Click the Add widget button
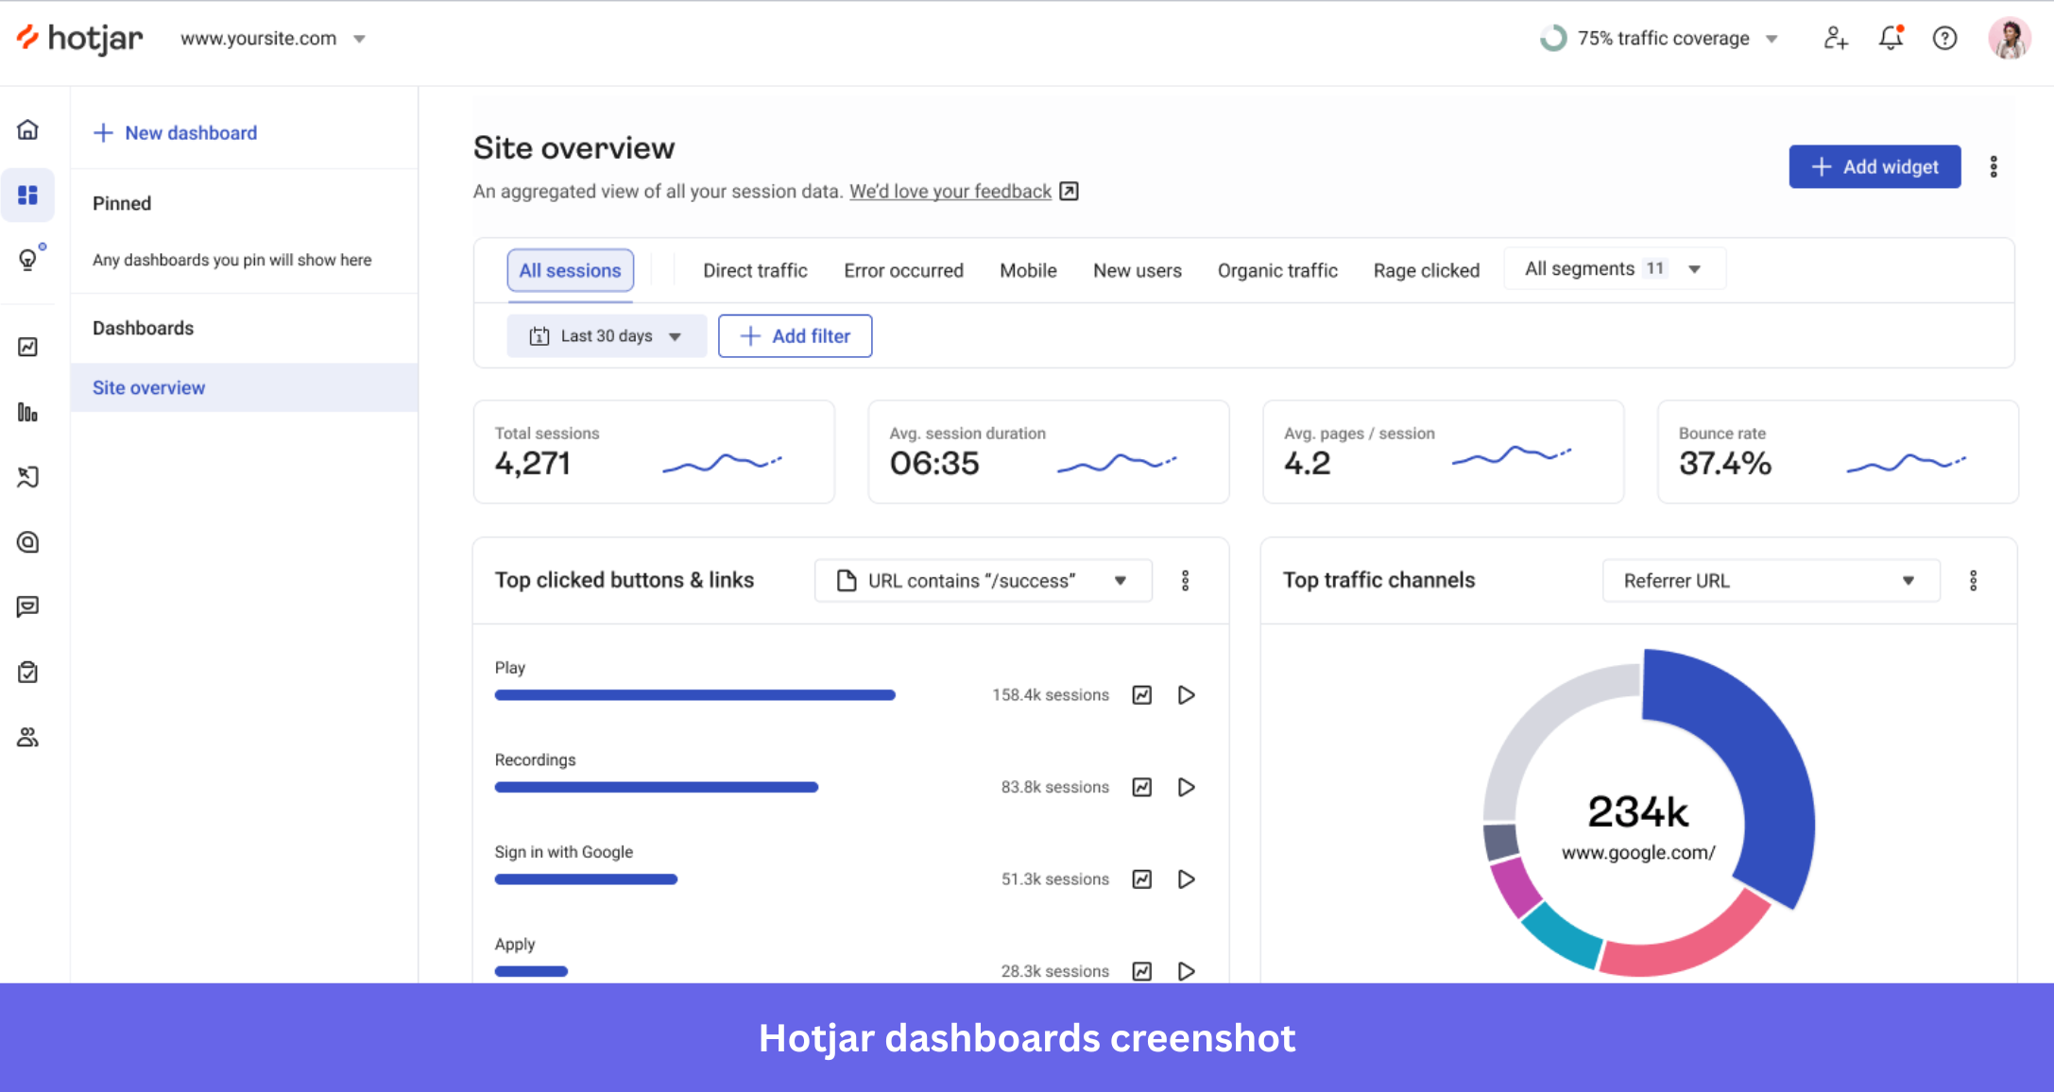click(x=1874, y=167)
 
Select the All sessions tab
click(x=570, y=271)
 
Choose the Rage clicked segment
click(x=1426, y=271)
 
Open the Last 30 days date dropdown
click(x=607, y=336)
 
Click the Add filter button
click(x=795, y=336)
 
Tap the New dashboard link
click(x=176, y=133)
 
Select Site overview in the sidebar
click(x=148, y=388)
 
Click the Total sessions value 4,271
click(x=532, y=464)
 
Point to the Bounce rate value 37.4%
click(x=1724, y=464)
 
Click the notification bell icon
click(x=1890, y=39)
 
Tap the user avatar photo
click(x=2008, y=39)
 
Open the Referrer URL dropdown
click(x=1770, y=581)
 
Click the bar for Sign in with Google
click(x=586, y=879)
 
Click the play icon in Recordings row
click(x=1187, y=787)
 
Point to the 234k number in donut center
click(x=1637, y=812)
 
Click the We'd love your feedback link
click(x=950, y=192)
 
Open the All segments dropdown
click(x=1613, y=269)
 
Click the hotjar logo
click(x=80, y=39)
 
